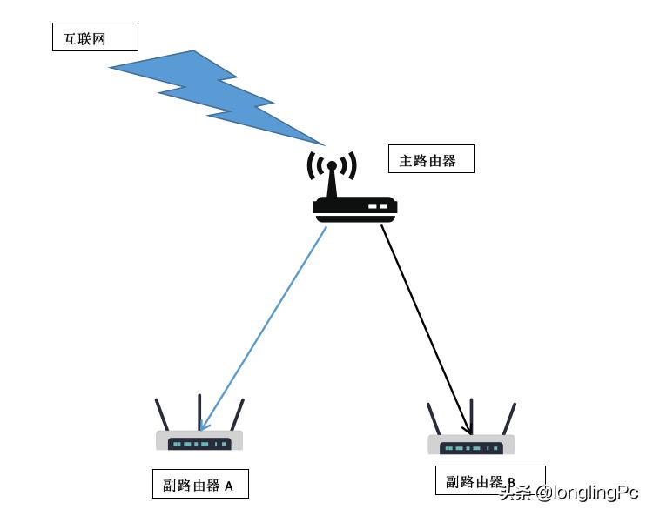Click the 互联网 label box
point(95,37)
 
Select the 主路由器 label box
point(430,159)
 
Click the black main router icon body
point(354,206)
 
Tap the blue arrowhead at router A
point(204,424)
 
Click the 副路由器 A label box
point(199,485)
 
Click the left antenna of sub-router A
point(162,414)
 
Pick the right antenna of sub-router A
point(237,414)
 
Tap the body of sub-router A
point(199,441)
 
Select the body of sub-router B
point(471,446)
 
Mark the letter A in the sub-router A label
point(229,486)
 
